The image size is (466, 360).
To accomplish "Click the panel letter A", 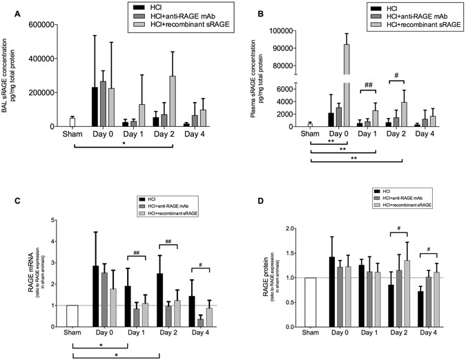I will [x=6, y=10].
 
